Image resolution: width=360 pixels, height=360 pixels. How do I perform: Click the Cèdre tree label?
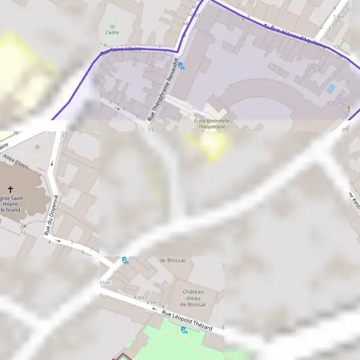click(x=111, y=32)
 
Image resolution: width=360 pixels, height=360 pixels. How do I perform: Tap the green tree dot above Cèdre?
click(x=111, y=26)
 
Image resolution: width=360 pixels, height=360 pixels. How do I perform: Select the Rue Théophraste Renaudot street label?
click(x=163, y=90)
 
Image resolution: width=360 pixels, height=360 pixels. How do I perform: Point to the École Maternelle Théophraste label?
click(x=212, y=124)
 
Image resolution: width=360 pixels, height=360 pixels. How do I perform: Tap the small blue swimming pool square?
click(x=331, y=89)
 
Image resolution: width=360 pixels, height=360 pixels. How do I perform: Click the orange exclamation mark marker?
click(x=349, y=109)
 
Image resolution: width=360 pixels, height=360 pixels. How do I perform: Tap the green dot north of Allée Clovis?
click(x=37, y=146)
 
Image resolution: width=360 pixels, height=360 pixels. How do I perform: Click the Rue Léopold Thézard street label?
click(x=187, y=316)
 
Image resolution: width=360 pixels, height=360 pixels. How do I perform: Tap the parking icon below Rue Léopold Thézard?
click(x=183, y=329)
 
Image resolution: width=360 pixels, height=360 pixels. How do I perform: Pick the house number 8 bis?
click(x=140, y=297)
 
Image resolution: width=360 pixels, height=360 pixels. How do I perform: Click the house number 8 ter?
click(x=152, y=302)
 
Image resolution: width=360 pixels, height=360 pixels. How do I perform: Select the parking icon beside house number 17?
click(x=125, y=260)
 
